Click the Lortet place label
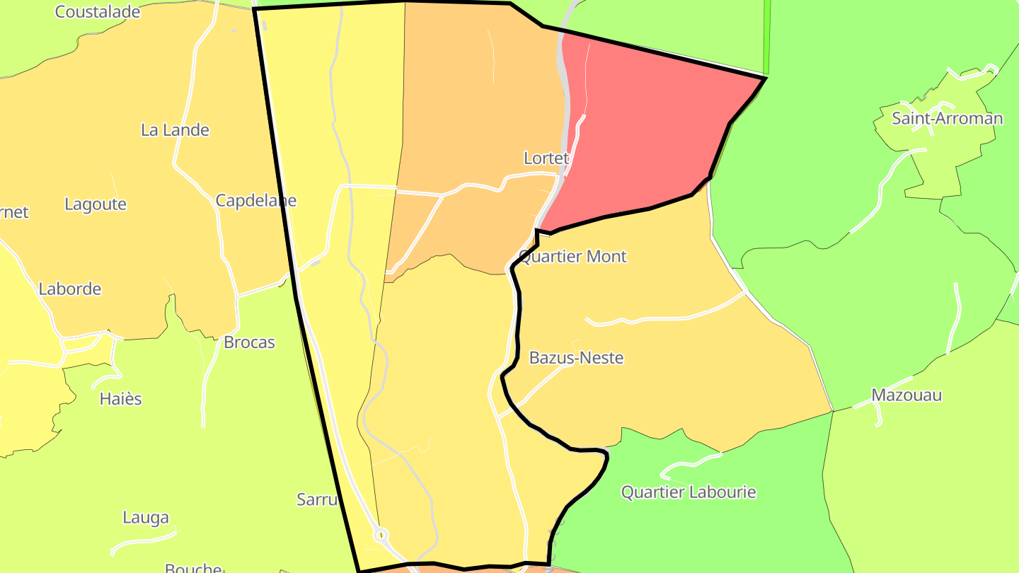546,158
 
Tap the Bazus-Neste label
576,358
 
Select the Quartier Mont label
572,256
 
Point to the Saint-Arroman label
947,118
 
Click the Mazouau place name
906,395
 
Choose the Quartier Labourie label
689,492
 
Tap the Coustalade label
98,11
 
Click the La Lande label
175,130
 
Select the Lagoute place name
96,204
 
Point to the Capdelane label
255,200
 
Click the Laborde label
70,289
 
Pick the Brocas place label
249,342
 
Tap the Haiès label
120,399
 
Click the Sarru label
316,499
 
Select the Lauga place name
146,517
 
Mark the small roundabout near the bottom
381,533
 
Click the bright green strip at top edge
767,35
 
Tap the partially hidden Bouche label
192,567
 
